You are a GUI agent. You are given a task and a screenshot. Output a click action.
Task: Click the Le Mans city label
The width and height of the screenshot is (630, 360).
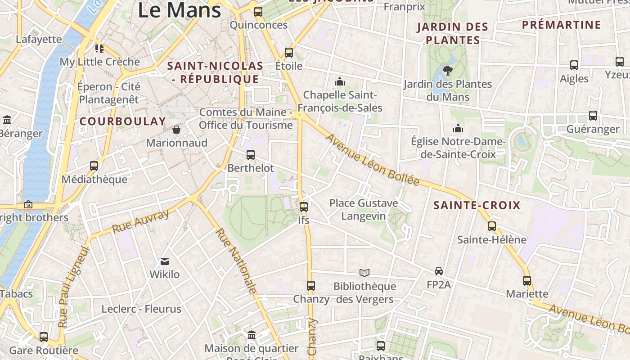179,10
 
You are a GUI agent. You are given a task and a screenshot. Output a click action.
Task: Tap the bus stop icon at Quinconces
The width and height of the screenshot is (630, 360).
258,12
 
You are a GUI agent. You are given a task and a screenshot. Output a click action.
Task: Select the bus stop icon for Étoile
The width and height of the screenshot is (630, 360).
289,53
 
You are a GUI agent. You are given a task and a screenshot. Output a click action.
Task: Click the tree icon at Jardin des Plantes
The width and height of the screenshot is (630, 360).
448,70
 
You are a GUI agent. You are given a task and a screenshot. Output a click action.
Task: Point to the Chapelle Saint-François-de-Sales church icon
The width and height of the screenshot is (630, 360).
340,82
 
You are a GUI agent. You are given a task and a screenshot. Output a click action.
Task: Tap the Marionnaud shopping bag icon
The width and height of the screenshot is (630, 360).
176,130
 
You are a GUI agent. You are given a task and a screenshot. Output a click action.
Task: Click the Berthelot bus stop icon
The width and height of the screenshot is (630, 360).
251,155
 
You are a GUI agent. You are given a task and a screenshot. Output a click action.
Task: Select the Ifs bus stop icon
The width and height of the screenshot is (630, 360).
304,207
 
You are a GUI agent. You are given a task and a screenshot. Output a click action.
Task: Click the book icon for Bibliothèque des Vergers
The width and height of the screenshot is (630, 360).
364,273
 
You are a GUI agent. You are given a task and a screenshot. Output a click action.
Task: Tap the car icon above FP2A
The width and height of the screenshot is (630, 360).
439,271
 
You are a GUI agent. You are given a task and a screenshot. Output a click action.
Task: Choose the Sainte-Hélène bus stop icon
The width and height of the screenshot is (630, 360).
492,226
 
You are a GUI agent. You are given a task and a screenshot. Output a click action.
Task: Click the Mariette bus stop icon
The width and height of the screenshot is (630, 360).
527,281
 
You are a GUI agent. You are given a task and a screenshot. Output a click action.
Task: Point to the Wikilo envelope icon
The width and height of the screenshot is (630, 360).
164,261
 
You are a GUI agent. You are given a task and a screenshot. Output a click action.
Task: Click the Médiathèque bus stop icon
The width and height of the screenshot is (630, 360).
94,166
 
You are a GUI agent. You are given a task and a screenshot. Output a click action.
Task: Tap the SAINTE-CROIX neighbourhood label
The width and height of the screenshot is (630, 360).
477,206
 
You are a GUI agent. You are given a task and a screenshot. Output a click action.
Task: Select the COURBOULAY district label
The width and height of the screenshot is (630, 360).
123,121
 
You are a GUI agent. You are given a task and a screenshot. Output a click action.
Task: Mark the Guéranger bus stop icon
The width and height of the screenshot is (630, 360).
593,116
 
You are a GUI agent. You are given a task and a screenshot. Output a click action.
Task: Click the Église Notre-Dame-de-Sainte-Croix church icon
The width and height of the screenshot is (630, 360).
458,129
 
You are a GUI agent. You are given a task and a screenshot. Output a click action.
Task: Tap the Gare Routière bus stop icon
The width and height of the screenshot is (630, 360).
44,337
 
